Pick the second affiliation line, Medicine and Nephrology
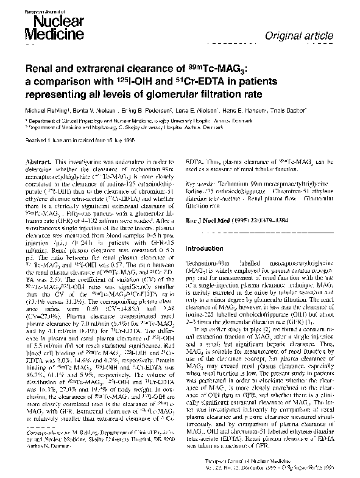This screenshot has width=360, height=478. [x=130, y=129]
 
